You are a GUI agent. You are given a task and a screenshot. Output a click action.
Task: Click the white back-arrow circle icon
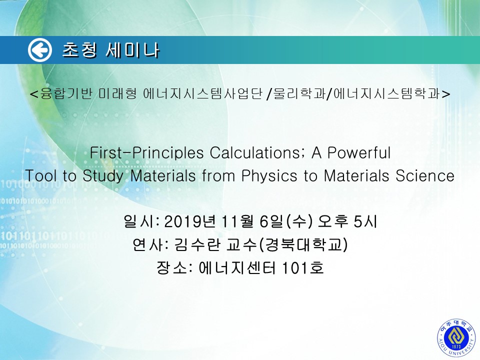pos(40,50)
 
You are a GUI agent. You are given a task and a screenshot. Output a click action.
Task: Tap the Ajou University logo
pos(456,337)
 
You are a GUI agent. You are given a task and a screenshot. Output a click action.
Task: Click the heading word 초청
pos(80,50)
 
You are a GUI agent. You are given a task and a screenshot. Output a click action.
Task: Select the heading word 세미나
pos(132,50)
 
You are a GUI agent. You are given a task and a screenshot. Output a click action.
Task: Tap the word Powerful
pos(359,153)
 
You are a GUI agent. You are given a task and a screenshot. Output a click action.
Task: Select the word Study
pos(103,176)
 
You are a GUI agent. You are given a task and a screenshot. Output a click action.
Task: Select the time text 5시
pos(365,221)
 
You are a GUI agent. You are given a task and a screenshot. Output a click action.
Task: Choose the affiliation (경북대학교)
pos(303,244)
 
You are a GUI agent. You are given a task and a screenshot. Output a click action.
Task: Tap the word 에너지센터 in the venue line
pos(237,268)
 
